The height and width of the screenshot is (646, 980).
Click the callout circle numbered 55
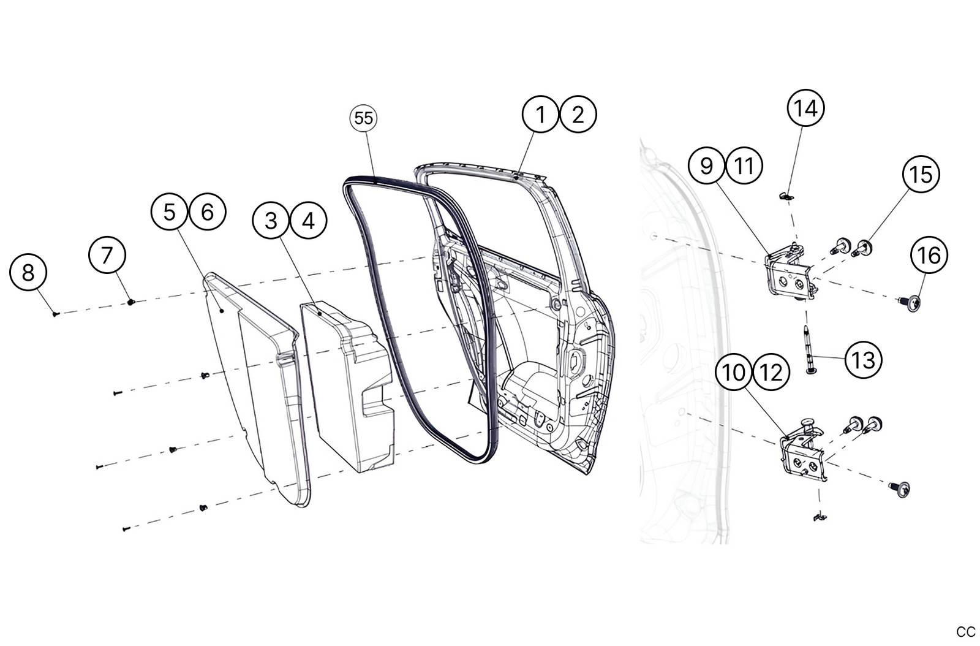(x=364, y=118)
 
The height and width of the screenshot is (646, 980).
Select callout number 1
(x=540, y=114)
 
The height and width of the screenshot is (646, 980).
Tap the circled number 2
(x=578, y=114)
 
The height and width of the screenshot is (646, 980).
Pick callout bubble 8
(x=28, y=272)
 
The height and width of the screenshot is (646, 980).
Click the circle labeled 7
(x=107, y=254)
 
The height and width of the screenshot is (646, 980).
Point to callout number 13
(x=863, y=360)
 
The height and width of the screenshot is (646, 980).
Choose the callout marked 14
(x=805, y=108)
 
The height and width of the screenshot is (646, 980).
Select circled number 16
(x=929, y=255)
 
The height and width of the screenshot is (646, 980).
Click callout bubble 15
(x=921, y=175)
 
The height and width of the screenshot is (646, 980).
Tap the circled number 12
(x=771, y=372)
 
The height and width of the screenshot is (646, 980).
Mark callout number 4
(x=309, y=220)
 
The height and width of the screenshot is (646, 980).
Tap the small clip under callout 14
(x=786, y=196)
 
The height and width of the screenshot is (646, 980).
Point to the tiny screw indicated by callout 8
(x=56, y=313)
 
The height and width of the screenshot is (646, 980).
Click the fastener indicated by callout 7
(x=130, y=302)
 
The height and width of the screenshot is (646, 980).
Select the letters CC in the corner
(x=965, y=632)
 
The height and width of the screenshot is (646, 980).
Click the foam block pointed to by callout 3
(x=346, y=386)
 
